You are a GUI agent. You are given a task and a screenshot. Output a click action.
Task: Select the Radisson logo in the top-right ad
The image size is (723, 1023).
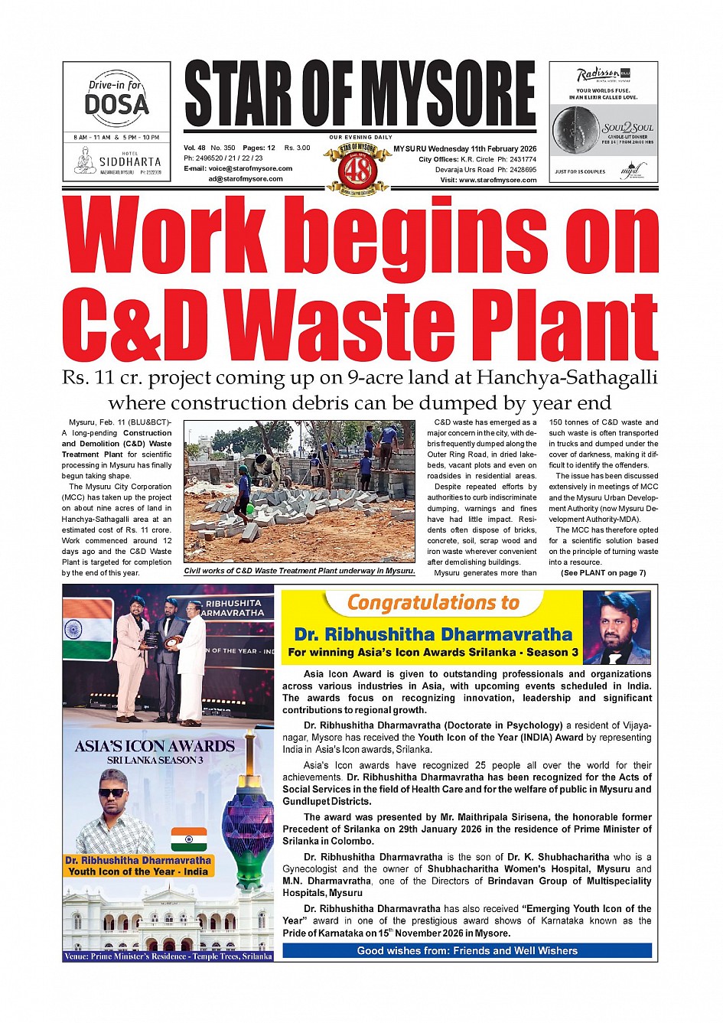click(x=598, y=75)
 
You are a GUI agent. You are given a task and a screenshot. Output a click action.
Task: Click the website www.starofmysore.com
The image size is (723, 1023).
click(x=497, y=180)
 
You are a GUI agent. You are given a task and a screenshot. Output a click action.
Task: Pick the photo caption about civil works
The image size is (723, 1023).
click(x=300, y=571)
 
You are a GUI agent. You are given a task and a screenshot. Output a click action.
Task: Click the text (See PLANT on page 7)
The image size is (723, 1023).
click(x=603, y=572)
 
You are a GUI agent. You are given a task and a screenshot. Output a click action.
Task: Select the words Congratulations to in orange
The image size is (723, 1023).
click(x=433, y=604)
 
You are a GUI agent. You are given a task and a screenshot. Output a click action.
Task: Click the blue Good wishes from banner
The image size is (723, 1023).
click(x=467, y=950)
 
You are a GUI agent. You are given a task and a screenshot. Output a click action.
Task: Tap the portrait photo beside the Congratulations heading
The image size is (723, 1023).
click(x=616, y=628)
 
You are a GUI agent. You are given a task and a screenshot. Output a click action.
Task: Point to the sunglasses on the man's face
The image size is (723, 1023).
click(x=112, y=793)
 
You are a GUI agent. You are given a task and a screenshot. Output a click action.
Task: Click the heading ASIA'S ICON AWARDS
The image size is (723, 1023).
click(x=155, y=746)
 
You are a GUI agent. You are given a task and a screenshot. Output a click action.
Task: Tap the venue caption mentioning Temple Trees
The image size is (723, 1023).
click(x=168, y=956)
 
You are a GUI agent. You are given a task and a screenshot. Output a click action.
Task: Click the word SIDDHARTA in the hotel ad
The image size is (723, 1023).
click(x=130, y=162)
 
